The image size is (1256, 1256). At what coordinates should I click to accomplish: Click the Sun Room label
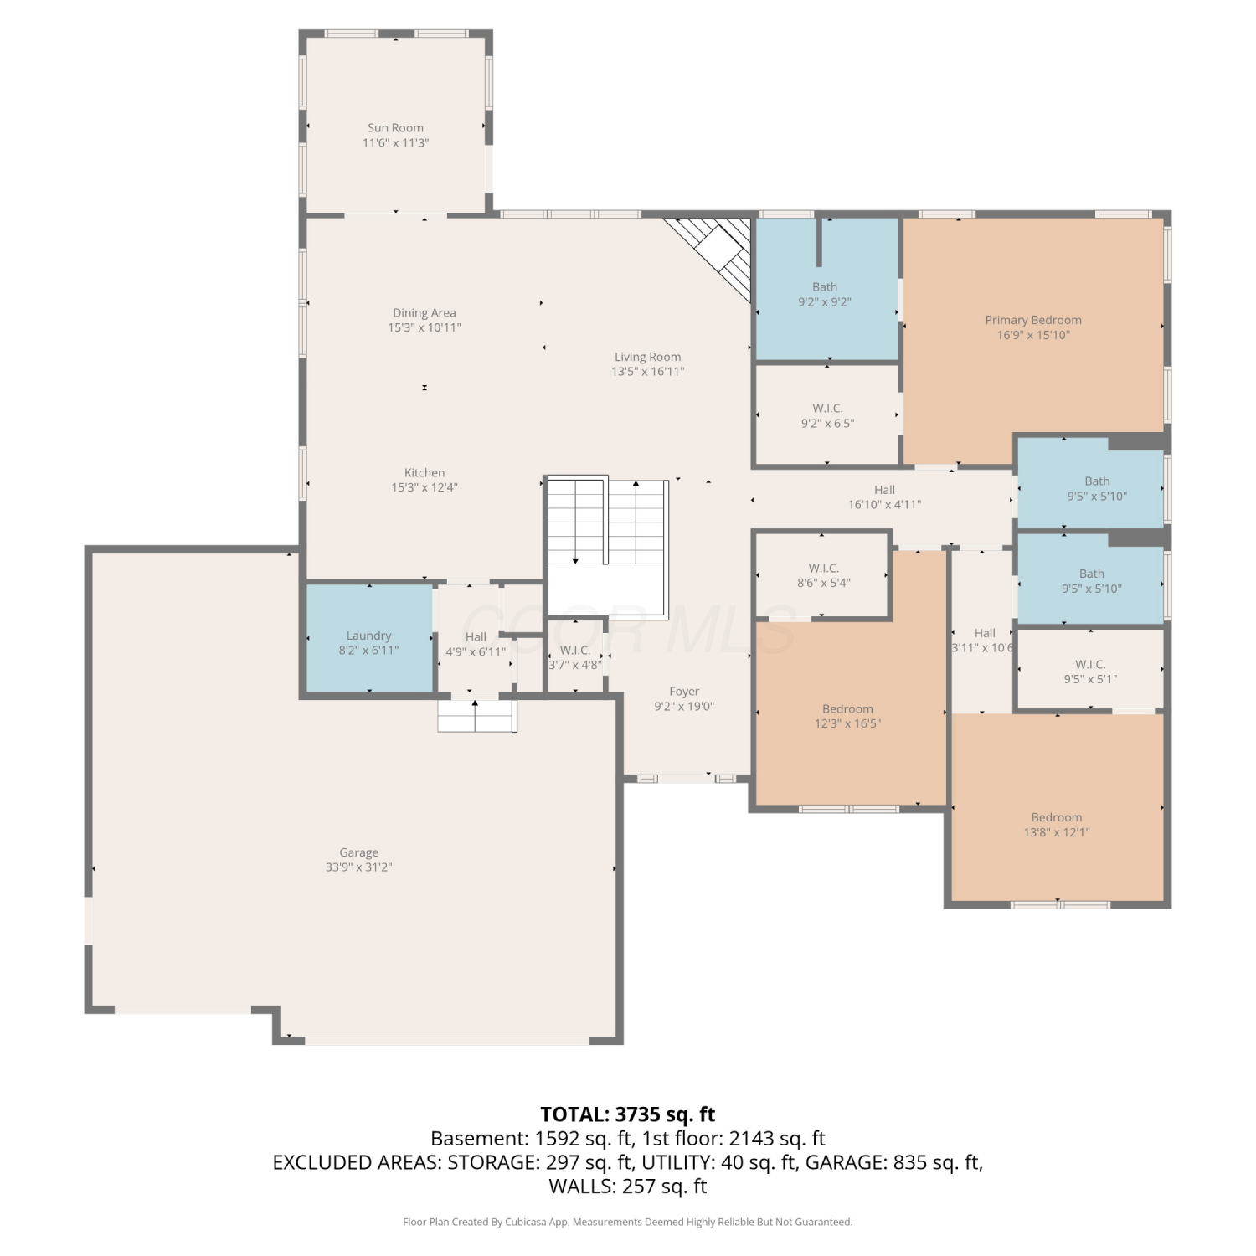tap(395, 128)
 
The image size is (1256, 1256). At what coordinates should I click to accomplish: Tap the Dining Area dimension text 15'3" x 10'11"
tap(425, 327)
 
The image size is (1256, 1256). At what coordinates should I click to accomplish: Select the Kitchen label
tap(425, 473)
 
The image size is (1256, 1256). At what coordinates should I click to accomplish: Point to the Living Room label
tap(647, 357)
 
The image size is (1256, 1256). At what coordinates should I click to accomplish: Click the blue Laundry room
tap(369, 638)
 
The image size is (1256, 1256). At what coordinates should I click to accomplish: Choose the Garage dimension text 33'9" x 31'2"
tap(358, 867)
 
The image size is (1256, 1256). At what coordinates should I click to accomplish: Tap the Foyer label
tap(684, 692)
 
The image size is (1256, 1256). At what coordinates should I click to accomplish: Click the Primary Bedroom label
tap(1033, 320)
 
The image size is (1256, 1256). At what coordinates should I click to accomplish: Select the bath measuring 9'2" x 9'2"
tap(826, 289)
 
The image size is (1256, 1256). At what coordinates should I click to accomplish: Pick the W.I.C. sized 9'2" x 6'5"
tap(827, 415)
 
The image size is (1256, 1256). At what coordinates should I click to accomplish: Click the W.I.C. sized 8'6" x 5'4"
tap(822, 575)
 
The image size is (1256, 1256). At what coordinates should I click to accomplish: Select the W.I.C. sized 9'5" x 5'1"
tap(1090, 670)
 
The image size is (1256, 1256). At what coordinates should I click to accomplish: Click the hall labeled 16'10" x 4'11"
tap(884, 497)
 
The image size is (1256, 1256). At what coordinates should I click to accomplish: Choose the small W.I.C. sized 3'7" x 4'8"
tap(575, 656)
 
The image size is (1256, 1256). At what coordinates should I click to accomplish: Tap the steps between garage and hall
tap(476, 716)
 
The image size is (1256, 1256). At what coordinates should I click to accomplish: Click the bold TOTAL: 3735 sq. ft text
tap(628, 1114)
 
